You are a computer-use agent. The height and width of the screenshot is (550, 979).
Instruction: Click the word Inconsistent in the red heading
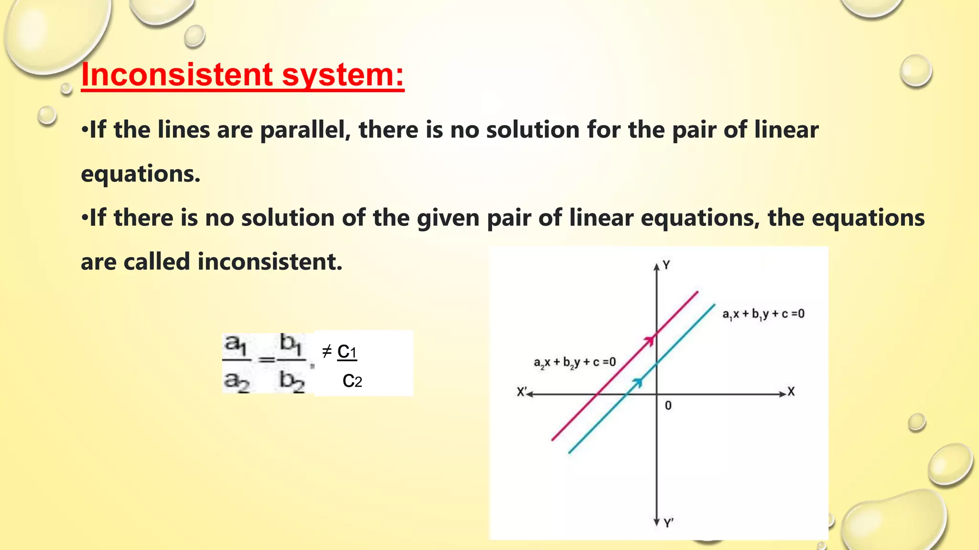click(177, 75)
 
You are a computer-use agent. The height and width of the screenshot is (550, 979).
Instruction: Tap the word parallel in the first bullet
click(303, 130)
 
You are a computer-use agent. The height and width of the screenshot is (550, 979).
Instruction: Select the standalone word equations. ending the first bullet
click(141, 174)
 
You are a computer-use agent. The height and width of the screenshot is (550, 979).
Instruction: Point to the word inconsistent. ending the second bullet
click(270, 262)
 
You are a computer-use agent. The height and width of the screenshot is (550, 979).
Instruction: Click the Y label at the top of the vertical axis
click(666, 265)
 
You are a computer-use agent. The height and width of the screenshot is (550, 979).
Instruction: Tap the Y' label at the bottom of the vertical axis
click(669, 523)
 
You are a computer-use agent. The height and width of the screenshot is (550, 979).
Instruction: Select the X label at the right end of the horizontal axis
click(791, 392)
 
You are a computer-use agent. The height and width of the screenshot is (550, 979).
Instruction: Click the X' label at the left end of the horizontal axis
click(522, 392)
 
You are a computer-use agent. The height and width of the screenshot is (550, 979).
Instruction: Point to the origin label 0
click(668, 406)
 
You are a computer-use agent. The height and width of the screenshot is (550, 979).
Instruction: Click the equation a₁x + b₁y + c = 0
click(763, 314)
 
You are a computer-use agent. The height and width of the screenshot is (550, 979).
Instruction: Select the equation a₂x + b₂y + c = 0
click(575, 362)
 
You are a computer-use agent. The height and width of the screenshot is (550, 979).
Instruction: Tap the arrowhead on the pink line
click(649, 339)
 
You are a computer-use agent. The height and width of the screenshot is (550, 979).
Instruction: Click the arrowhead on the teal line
click(637, 381)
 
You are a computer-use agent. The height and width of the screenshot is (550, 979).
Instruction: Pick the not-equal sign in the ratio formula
click(327, 352)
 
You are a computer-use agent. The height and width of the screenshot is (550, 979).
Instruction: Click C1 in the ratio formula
click(347, 352)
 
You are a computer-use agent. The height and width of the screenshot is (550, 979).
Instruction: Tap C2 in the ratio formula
click(352, 381)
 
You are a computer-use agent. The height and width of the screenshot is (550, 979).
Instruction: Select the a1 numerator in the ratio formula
click(236, 345)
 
